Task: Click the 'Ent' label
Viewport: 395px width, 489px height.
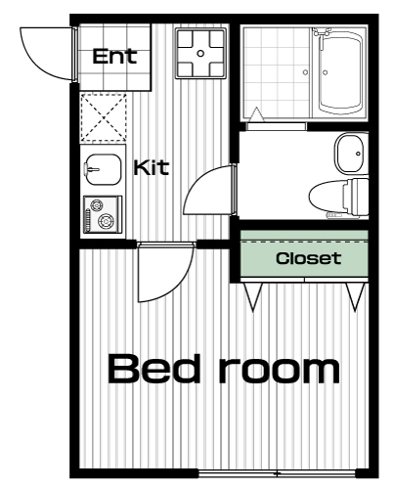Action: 114,57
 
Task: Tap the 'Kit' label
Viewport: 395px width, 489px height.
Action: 152,167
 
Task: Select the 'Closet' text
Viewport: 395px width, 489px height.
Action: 308,258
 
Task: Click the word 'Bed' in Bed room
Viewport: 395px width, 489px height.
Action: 154,369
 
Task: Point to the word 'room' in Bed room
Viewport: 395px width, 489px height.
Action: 280,372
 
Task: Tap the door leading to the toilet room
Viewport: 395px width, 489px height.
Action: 208,190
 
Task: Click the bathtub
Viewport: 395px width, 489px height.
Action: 340,72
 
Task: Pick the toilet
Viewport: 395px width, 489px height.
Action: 339,198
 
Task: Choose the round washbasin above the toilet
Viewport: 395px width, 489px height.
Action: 350,153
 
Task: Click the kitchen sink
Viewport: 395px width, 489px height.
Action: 104,169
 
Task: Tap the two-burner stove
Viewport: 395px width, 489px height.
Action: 103,214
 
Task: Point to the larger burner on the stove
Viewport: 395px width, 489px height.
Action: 106,221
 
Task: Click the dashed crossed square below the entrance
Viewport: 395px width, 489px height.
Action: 104,117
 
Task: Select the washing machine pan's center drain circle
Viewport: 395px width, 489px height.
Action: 200,53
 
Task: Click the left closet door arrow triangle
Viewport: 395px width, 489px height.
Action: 253,296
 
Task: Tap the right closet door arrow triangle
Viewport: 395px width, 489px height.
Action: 355,296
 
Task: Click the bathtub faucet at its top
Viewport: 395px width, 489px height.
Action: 321,31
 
